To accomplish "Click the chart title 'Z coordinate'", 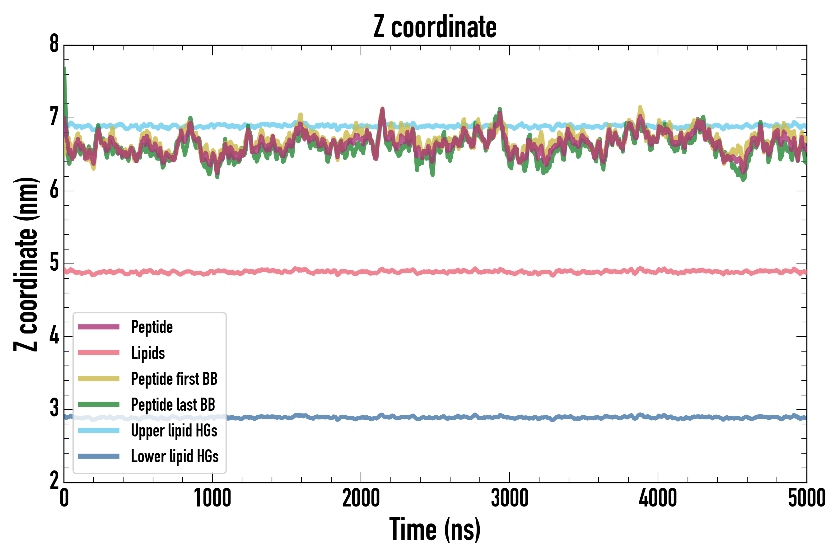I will (435, 27).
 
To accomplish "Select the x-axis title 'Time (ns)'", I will (435, 529).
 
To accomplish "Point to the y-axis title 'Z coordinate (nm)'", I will (26, 264).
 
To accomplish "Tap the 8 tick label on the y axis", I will (54, 44).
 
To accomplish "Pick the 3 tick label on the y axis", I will (54, 408).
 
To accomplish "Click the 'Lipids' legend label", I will (148, 353).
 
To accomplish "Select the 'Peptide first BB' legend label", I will (174, 379).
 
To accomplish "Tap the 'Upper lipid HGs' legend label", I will (174, 430).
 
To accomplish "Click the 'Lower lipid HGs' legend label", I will (175, 456).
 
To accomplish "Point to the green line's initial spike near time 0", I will (65, 72).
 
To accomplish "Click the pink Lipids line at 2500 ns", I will (435, 272).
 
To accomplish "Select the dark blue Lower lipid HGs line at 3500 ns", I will (584, 418).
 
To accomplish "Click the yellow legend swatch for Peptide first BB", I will (99, 379).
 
